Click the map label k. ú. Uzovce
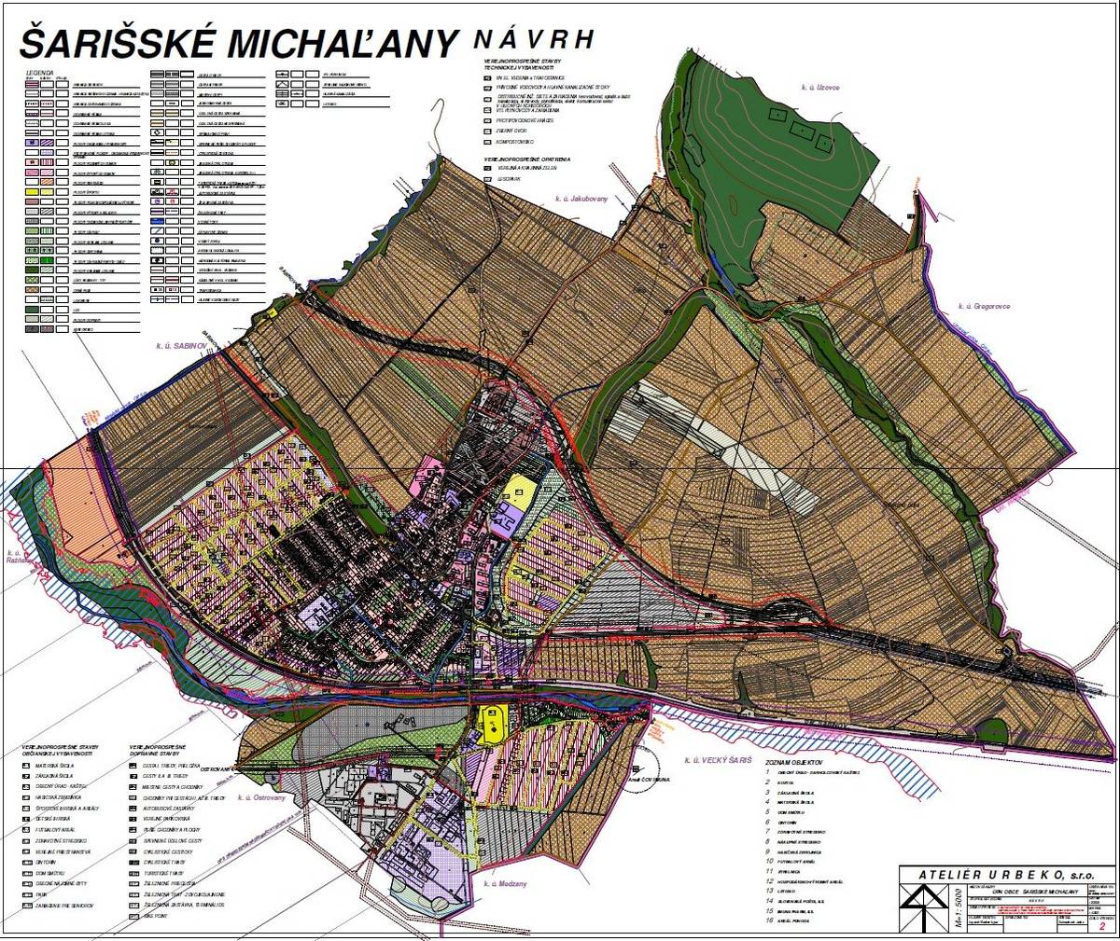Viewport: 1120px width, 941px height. (x=820, y=87)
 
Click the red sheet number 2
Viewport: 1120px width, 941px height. (x=1102, y=927)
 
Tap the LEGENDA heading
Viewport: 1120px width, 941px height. (x=41, y=71)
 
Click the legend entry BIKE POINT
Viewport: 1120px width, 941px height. (x=158, y=919)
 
